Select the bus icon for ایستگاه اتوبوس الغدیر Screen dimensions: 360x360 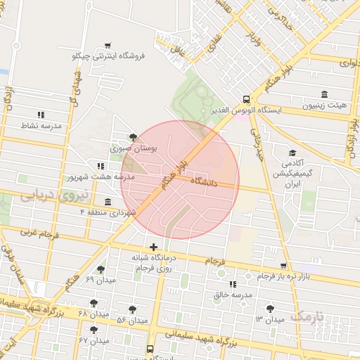(x=246, y=100)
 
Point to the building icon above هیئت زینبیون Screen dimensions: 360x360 (x=324, y=94)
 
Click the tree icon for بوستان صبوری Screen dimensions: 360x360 (x=134, y=138)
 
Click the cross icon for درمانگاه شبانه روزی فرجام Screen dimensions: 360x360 (x=153, y=246)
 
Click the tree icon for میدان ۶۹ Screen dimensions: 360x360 (x=101, y=269)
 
